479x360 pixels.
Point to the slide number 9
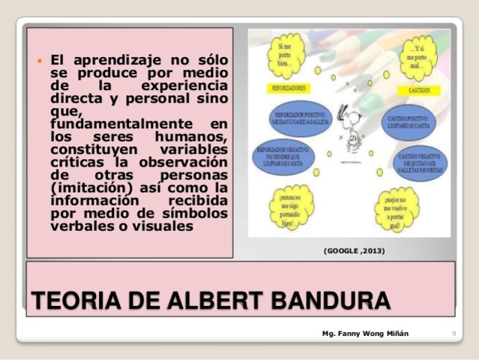pyautogui.click(x=454, y=332)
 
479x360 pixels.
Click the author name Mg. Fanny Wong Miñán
pyautogui.click(x=365, y=332)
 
